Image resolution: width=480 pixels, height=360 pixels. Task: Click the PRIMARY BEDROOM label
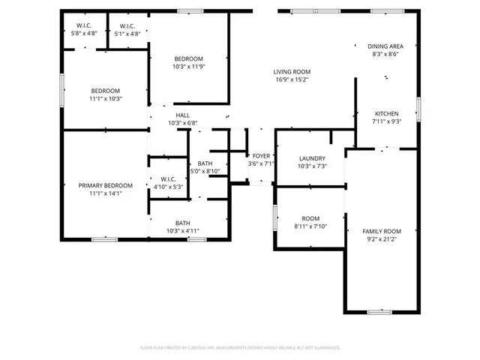click(x=105, y=185)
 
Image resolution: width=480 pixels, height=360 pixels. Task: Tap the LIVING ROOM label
click(x=292, y=70)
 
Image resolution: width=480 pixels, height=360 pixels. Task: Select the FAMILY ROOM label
click(x=382, y=231)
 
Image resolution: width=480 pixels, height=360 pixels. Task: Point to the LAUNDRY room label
click(x=311, y=158)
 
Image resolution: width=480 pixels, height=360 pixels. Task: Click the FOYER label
click(x=261, y=155)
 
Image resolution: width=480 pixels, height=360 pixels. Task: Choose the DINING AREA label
click(x=385, y=46)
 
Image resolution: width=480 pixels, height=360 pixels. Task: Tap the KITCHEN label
click(x=386, y=112)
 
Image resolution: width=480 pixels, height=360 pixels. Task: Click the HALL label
click(x=182, y=115)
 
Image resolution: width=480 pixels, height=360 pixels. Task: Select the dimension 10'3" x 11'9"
click(x=188, y=67)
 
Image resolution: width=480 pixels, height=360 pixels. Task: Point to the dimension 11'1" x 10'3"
click(x=105, y=98)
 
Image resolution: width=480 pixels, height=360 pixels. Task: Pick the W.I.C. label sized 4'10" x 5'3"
click(x=168, y=178)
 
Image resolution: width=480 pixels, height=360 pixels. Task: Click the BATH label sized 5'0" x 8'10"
click(x=204, y=163)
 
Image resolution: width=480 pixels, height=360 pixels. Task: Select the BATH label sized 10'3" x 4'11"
click(x=182, y=223)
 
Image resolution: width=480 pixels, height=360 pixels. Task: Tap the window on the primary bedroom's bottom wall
click(x=104, y=239)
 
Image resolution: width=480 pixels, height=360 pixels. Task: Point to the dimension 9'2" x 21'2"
click(x=382, y=239)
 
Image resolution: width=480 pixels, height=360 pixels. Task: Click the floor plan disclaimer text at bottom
click(x=240, y=348)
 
